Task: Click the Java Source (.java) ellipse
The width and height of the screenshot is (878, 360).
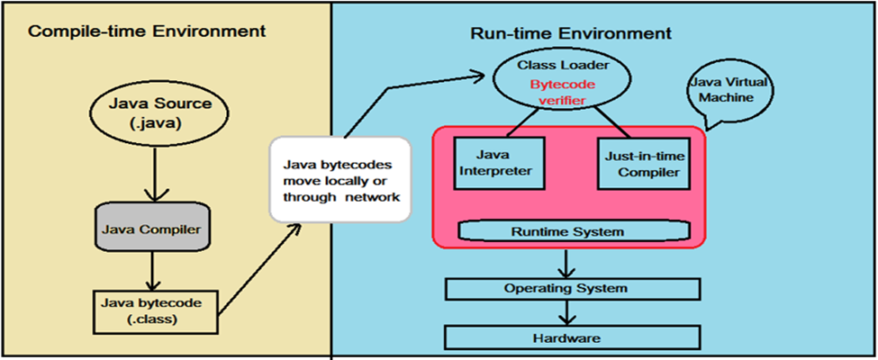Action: coord(152,112)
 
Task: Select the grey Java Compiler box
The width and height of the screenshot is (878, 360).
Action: coord(152,229)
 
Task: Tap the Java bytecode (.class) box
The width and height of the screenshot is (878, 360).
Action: coord(151,312)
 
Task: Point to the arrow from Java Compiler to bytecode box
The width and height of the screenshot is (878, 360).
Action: coord(152,271)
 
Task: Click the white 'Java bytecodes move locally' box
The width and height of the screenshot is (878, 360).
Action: coord(340,179)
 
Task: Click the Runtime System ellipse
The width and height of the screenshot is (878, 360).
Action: coord(575,230)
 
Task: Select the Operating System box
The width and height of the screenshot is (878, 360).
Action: coord(573,289)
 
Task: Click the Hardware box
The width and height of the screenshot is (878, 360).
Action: coord(573,337)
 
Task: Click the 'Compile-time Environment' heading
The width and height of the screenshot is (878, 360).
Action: coord(147,31)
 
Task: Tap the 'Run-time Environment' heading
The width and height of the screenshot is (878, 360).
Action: coord(571,33)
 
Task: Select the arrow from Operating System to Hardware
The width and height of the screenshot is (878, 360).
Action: coord(567,313)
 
